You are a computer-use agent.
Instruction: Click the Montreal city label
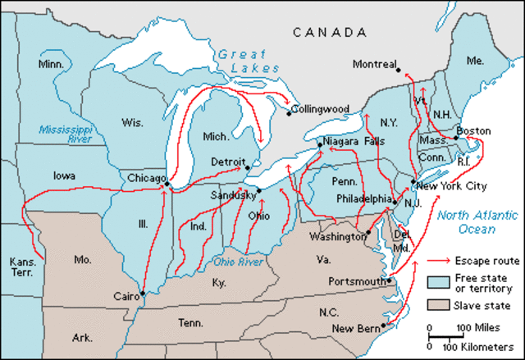(x=374, y=64)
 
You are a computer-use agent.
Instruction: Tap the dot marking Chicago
(x=167, y=185)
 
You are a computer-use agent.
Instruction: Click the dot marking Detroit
(x=248, y=167)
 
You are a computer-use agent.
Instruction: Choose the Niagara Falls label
(x=354, y=141)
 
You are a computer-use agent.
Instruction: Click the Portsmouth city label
(x=356, y=281)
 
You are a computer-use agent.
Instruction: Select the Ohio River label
(x=239, y=262)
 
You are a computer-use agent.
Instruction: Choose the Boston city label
(x=473, y=131)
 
